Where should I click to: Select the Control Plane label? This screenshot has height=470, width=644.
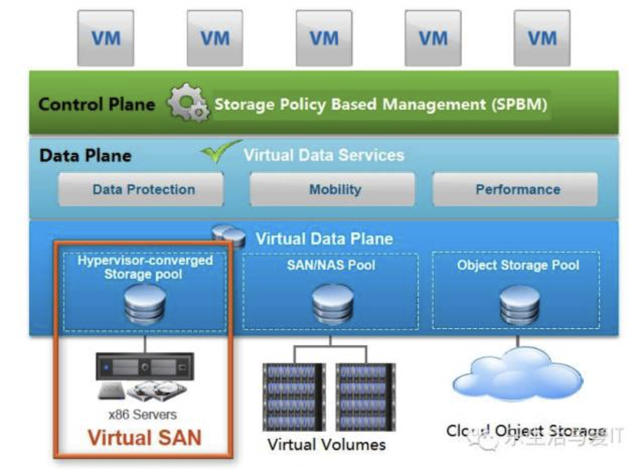(97, 104)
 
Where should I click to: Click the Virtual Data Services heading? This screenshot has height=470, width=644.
(324, 155)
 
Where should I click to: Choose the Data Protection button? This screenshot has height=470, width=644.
(143, 189)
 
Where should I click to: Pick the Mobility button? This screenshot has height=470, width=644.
(335, 189)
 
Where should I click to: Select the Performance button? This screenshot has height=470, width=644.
(518, 189)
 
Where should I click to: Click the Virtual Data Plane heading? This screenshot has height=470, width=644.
(324, 238)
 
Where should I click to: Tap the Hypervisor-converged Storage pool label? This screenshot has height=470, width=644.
(144, 267)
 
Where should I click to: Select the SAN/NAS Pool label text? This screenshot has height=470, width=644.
(331, 264)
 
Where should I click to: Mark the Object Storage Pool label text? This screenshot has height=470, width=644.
(518, 265)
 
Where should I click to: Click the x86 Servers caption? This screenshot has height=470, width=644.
(143, 415)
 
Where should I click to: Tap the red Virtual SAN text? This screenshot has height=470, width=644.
(144, 437)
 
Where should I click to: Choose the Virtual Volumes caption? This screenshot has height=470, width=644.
(327, 444)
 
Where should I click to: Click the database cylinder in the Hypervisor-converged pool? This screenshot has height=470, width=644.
(144, 305)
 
